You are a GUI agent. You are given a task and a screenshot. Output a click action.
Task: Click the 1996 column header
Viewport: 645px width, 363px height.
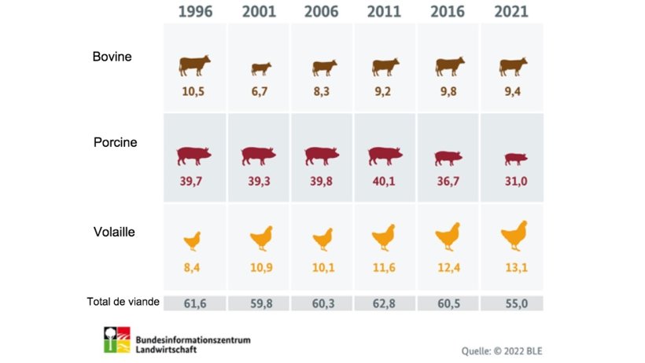[194, 12]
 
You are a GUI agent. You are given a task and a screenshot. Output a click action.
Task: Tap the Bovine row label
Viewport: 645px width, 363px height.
[112, 57]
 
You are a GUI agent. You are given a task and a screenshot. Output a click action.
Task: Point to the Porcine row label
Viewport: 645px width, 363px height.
[116, 143]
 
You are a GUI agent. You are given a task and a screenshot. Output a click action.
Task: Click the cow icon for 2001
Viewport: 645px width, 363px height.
[260, 68]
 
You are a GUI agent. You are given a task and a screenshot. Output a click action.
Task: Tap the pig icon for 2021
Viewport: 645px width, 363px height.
[513, 159]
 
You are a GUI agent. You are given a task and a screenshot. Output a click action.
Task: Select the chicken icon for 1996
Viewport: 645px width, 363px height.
[193, 240]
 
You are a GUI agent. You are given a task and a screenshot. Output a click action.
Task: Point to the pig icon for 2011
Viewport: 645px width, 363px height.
[385, 156]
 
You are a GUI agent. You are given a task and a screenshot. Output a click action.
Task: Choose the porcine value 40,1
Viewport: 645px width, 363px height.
[385, 182]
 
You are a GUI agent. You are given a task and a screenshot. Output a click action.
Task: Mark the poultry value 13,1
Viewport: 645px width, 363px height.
[513, 269]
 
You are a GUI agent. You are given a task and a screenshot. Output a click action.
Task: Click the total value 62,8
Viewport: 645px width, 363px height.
[385, 303]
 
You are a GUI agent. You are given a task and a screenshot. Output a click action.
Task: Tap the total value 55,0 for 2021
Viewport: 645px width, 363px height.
[513, 303]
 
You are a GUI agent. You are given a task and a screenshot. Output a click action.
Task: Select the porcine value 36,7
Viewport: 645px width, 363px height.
[449, 182]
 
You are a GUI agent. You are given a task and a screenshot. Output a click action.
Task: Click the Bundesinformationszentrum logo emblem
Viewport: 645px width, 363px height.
[117, 339]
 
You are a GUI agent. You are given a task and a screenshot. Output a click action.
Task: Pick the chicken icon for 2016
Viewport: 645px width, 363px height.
[448, 236]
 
